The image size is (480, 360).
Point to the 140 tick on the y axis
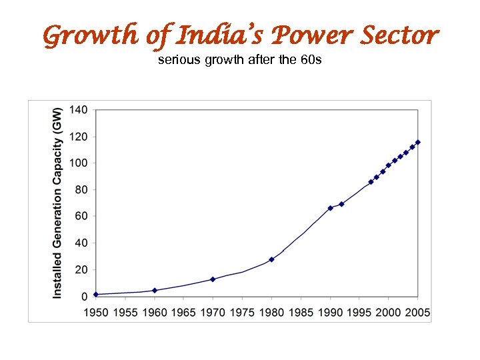coord(78,110)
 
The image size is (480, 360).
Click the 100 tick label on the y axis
coord(78,163)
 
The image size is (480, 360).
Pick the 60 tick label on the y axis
coord(81,217)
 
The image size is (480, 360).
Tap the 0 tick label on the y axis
coord(84,297)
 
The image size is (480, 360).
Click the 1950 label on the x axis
coord(96,312)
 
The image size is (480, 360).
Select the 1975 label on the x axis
coord(243,312)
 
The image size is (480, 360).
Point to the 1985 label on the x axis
coord(301,312)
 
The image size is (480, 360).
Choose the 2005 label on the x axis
coord(417,312)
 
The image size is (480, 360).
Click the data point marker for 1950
coord(96,294)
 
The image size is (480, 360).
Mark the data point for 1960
coord(155,290)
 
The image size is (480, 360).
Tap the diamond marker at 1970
coord(213,279)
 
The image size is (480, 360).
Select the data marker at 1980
coord(271,259)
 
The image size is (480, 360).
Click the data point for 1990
coord(330,208)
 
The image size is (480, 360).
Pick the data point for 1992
coord(342,204)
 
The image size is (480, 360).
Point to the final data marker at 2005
coord(418,142)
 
